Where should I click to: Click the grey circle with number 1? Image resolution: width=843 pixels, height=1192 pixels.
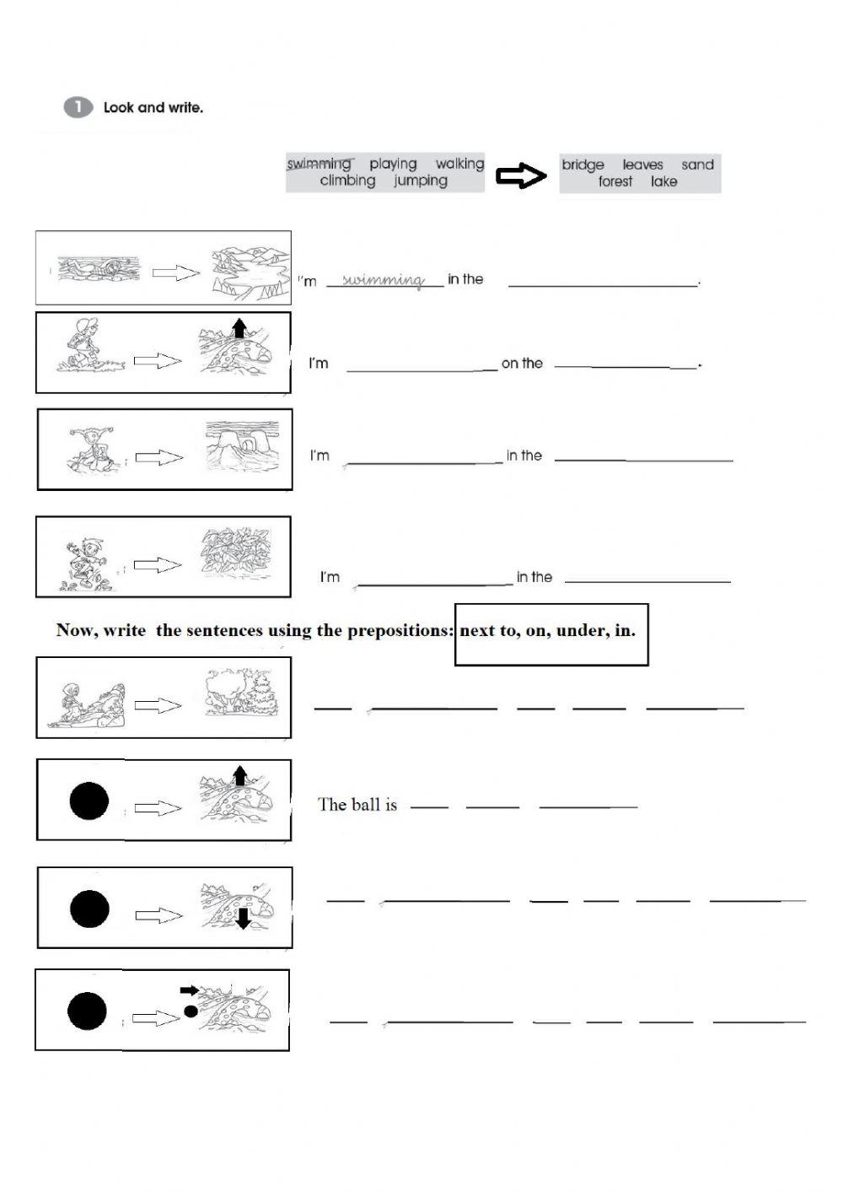(x=77, y=107)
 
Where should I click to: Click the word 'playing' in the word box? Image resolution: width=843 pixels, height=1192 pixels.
(x=393, y=164)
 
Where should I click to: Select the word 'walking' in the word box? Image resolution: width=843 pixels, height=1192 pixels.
(x=459, y=164)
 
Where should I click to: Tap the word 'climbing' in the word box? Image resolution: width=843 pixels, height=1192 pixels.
(x=347, y=181)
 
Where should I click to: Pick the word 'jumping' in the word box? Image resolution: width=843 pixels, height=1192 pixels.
(x=420, y=181)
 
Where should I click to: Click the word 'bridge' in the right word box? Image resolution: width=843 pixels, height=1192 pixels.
(x=583, y=165)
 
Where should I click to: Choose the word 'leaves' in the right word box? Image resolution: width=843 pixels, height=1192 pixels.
(x=642, y=165)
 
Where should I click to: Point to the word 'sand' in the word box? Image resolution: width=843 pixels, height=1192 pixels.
(x=697, y=165)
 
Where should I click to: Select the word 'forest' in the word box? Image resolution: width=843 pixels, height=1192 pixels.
(x=615, y=181)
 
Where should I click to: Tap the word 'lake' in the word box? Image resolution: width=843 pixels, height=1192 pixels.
(x=663, y=181)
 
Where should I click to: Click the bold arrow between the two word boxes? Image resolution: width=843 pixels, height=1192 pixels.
(x=521, y=175)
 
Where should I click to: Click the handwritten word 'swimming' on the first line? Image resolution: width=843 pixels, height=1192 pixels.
(x=384, y=280)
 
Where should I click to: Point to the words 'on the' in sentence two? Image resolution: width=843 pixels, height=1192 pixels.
(x=522, y=364)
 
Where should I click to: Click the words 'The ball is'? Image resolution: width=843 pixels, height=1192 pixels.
(x=357, y=805)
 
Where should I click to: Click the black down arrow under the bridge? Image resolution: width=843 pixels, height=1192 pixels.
(x=243, y=919)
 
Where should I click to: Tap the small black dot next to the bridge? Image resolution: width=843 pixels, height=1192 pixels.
(x=191, y=1010)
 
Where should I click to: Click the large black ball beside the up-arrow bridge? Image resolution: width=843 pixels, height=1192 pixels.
(x=89, y=801)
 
